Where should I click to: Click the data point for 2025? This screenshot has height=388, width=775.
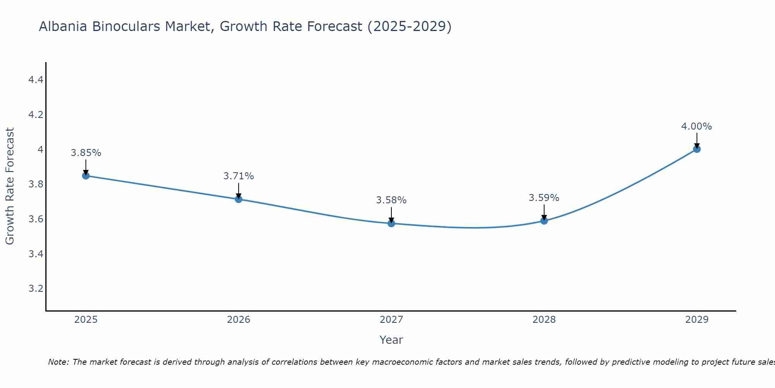tap(86, 176)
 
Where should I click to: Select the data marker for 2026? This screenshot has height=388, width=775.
tap(239, 199)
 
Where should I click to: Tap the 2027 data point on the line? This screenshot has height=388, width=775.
tap(391, 223)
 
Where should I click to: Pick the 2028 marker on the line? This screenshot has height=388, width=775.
tap(544, 221)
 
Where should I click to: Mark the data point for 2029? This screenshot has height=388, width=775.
tap(697, 149)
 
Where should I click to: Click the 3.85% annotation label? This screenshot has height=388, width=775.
tap(86, 153)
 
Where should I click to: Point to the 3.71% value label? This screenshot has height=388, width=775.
tap(239, 176)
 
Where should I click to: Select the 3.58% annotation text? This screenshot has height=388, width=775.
tap(391, 200)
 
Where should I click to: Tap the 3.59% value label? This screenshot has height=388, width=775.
tap(544, 198)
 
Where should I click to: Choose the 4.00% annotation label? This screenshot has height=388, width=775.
tap(697, 126)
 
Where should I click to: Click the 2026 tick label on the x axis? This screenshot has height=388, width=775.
tap(239, 320)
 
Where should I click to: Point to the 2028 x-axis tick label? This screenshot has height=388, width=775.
tap(544, 320)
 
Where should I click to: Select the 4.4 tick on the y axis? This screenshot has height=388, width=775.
tap(36, 80)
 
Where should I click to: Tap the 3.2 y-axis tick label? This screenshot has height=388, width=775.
tap(36, 289)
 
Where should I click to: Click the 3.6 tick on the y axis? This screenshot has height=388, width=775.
tap(36, 219)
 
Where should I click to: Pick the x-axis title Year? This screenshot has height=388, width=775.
tap(391, 340)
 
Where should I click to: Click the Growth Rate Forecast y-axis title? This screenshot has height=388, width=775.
tap(10, 186)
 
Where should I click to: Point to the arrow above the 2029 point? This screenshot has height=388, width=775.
tap(697, 141)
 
